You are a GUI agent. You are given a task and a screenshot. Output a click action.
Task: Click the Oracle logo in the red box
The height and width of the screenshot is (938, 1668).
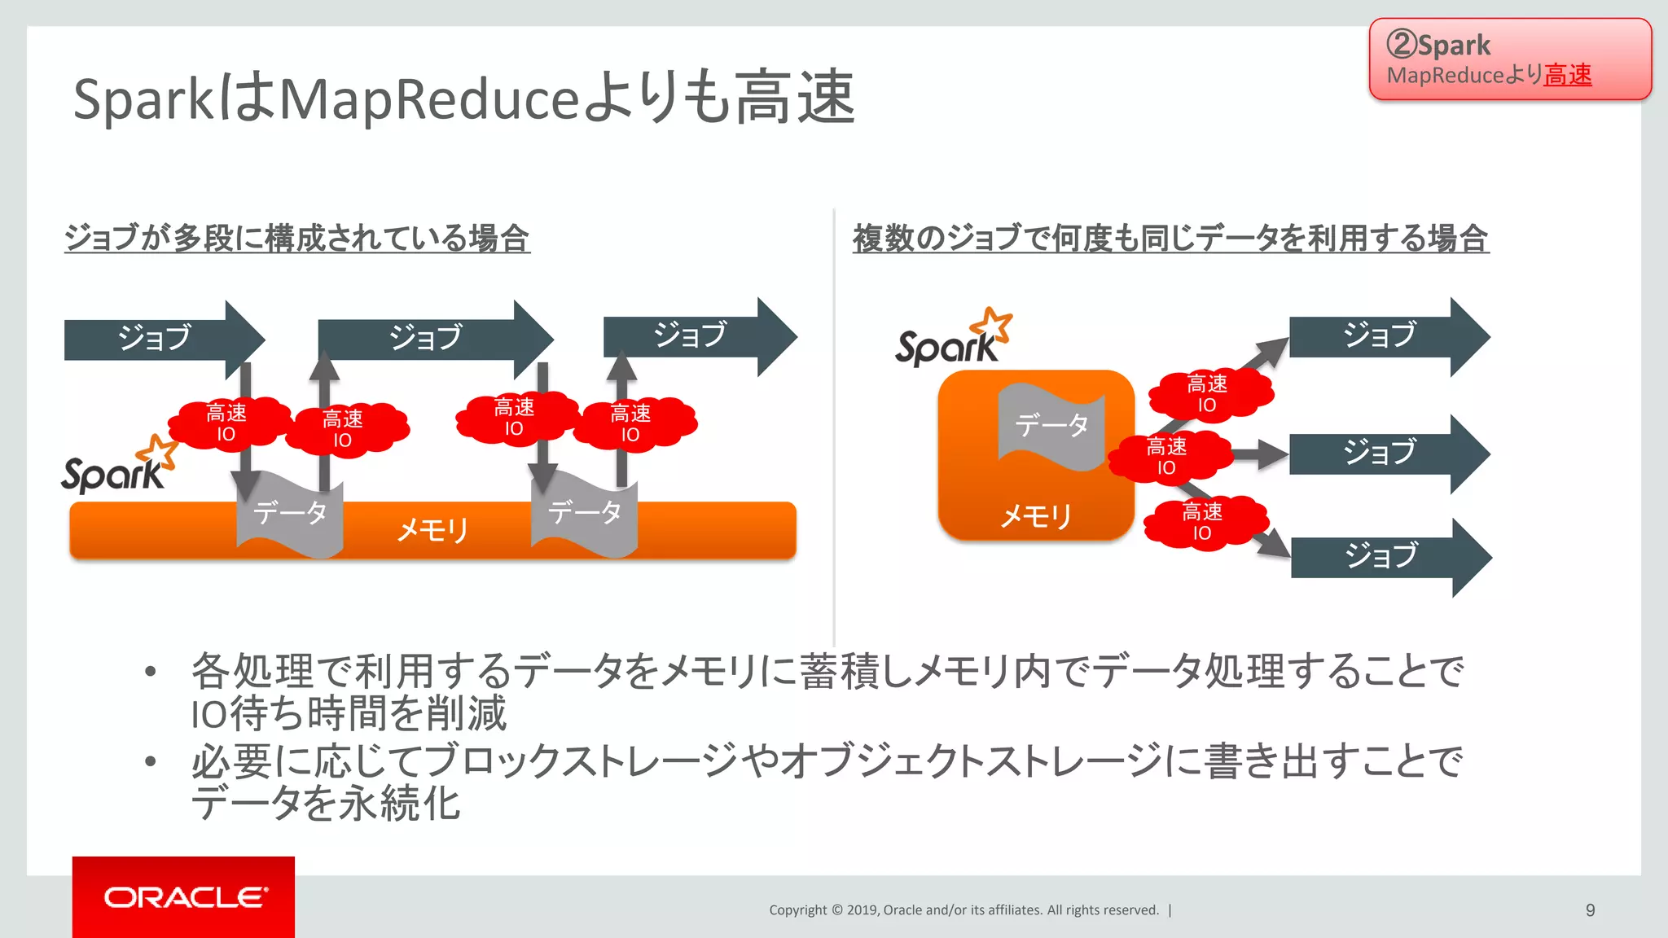[x=184, y=896]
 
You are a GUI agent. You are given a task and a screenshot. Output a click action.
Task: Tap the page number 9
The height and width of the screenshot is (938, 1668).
[x=1590, y=910]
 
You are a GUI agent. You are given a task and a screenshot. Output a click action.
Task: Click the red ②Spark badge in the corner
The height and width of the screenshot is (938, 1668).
[x=1510, y=59]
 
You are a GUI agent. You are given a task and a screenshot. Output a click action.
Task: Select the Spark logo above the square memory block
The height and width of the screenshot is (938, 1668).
[x=953, y=339]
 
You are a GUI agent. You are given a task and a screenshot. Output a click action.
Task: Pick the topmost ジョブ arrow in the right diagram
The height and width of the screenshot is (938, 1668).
[x=1388, y=336]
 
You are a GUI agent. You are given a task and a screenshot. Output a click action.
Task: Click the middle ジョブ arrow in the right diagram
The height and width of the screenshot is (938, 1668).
[x=1388, y=453]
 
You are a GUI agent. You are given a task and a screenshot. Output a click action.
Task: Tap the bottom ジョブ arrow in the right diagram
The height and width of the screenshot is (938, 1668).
[x=1389, y=557]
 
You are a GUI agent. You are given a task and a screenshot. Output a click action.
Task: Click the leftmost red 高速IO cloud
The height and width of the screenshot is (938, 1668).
[x=227, y=423]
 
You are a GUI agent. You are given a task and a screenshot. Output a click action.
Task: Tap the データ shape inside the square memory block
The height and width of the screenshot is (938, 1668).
[x=1051, y=426]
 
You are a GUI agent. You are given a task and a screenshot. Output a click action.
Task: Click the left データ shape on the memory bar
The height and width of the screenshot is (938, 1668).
[x=290, y=515]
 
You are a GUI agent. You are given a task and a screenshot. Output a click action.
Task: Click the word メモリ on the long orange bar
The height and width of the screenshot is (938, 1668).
[x=432, y=531]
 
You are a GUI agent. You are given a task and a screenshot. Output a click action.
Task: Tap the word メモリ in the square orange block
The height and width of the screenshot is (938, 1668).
[x=1035, y=516]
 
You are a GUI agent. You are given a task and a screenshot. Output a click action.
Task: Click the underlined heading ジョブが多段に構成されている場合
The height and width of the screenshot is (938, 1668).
[x=297, y=239]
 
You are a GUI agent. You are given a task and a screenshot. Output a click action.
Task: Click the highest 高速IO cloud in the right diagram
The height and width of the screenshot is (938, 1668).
[x=1209, y=394]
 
